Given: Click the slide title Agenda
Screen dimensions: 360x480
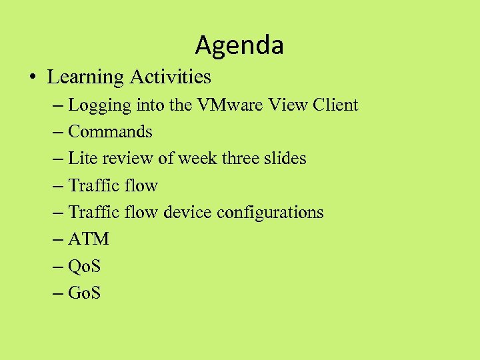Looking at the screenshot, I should coord(239,45).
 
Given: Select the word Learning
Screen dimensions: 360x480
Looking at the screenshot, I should coord(85,77).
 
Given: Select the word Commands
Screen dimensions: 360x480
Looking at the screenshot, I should coord(110,132).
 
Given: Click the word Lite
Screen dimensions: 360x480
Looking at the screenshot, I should coord(82,159).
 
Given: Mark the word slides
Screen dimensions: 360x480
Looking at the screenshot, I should coord(286,159).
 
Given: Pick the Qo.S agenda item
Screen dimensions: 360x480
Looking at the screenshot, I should coord(84,266).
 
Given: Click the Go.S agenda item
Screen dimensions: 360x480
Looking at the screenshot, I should coord(84,293).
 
